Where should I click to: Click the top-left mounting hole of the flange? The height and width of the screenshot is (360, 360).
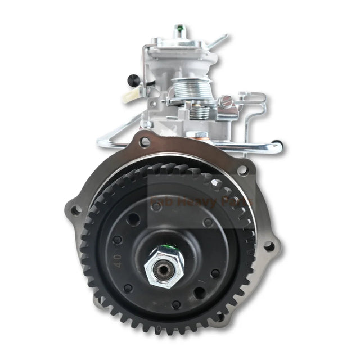(145, 142)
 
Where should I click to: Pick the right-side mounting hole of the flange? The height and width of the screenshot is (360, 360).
(269, 246)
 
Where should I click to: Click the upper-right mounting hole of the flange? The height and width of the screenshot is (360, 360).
(242, 169)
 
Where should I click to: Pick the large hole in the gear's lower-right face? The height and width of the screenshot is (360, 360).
(199, 292)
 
